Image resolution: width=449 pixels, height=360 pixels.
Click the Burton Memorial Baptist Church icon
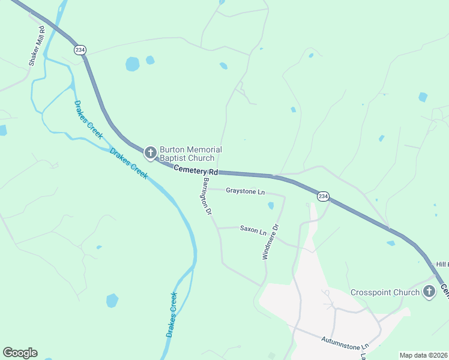pos(151,154)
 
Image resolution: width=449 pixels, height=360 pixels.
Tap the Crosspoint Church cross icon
pos(429,292)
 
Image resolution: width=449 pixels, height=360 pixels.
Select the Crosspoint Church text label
pos(385,292)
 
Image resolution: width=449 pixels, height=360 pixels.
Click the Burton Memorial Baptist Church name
pos(190,154)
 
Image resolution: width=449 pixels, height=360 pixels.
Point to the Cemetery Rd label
pos(195,171)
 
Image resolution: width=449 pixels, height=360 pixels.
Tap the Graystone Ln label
pos(245,191)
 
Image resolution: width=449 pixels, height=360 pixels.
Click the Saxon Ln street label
pos(253,229)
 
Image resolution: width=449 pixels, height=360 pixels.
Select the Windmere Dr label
pos(271,242)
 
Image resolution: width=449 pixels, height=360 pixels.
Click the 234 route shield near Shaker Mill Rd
pos(79,50)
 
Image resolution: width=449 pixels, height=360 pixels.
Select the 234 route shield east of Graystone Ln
pos(323,196)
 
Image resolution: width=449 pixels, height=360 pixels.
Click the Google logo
pos(20,353)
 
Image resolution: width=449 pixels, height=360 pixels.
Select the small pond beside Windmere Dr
pos(271,206)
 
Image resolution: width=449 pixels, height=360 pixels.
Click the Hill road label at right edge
pos(442,264)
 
